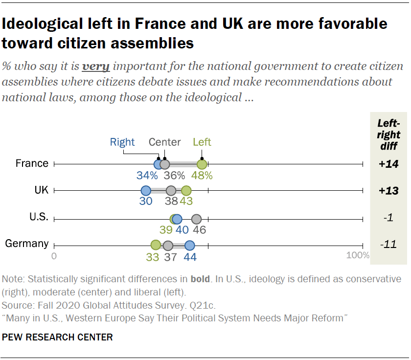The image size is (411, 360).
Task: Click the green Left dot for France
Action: click(x=202, y=164)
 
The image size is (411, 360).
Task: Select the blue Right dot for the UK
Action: click(x=146, y=191)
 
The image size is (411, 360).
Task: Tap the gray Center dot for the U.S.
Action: click(x=197, y=219)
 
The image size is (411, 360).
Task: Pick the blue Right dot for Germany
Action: click(x=190, y=246)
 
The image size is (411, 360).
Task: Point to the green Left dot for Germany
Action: click(x=156, y=246)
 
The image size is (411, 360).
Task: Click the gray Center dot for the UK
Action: click(x=171, y=191)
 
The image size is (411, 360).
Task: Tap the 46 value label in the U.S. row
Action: click(x=199, y=230)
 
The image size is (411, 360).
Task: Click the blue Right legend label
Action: click(x=122, y=142)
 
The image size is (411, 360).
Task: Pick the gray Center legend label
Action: click(x=165, y=142)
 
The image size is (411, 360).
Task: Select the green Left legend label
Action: click(x=202, y=142)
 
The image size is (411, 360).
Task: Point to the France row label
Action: click(x=32, y=163)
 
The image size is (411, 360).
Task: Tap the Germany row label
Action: click(x=27, y=244)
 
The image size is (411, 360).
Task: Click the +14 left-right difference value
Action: click(x=388, y=164)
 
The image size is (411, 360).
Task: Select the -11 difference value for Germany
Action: click(x=388, y=245)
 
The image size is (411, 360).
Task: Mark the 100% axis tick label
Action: click(x=358, y=255)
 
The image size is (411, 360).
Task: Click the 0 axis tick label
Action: click(x=54, y=255)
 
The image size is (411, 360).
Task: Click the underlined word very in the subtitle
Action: click(x=95, y=66)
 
